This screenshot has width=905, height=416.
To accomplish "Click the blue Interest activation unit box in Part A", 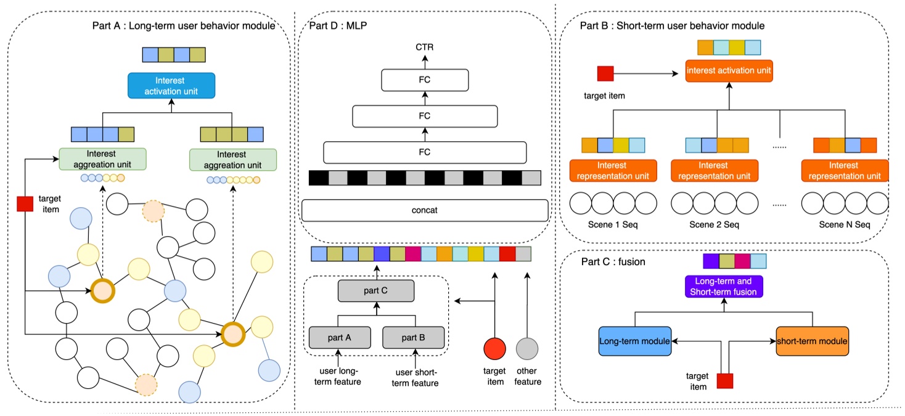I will [x=171, y=86].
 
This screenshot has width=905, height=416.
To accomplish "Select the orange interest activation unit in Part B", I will [x=729, y=70].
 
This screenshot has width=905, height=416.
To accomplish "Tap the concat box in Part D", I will [x=424, y=210].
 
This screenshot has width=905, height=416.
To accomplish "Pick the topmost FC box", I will [x=424, y=80].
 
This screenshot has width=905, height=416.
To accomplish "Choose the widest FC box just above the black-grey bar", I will [x=424, y=152].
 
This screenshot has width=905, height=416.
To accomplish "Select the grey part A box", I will [x=339, y=337].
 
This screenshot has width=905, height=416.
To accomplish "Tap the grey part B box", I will [x=412, y=337].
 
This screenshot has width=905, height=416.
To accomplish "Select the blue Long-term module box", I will [x=634, y=340].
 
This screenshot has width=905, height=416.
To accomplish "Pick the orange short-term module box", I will [x=812, y=340].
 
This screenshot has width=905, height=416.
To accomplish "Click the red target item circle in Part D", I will [x=494, y=348].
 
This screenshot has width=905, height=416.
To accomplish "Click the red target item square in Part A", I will [x=25, y=203].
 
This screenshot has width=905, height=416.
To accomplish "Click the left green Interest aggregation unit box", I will [x=102, y=159].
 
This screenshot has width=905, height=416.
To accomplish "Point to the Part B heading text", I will [x=673, y=26].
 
